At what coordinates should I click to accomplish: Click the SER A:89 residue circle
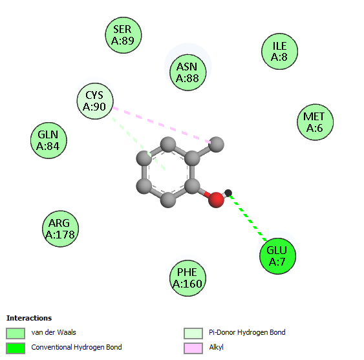click(x=123, y=35)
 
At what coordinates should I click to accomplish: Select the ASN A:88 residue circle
click(x=187, y=72)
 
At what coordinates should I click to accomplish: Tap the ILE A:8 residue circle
click(x=279, y=51)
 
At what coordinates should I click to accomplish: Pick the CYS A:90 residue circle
click(x=95, y=101)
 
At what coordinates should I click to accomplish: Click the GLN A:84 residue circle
click(x=48, y=140)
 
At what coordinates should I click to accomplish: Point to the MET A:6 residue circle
click(x=315, y=122)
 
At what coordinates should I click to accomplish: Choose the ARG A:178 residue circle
click(x=60, y=229)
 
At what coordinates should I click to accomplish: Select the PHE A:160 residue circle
click(x=187, y=278)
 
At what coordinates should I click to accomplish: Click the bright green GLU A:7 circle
click(x=277, y=256)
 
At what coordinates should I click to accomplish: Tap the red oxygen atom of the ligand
click(x=216, y=200)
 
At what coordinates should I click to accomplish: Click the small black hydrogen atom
click(x=228, y=193)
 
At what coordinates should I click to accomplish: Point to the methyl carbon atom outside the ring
click(x=217, y=144)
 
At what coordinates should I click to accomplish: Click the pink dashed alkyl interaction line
click(x=162, y=125)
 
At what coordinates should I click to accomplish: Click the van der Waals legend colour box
click(x=16, y=334)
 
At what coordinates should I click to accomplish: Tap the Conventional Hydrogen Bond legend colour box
click(x=16, y=348)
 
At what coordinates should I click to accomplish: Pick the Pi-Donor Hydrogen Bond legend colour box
click(x=193, y=334)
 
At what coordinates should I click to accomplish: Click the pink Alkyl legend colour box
click(x=193, y=348)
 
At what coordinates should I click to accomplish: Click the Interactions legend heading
click(x=29, y=318)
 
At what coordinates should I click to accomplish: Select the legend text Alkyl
click(x=216, y=347)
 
